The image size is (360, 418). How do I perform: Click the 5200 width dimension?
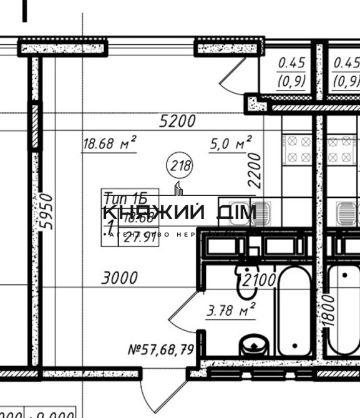177,121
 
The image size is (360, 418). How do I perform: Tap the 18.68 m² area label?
110,145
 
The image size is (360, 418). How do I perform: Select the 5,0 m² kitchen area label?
231,145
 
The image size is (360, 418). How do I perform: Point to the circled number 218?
180,167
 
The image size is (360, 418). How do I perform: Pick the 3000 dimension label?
120,278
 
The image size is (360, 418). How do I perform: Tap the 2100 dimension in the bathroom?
260,280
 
